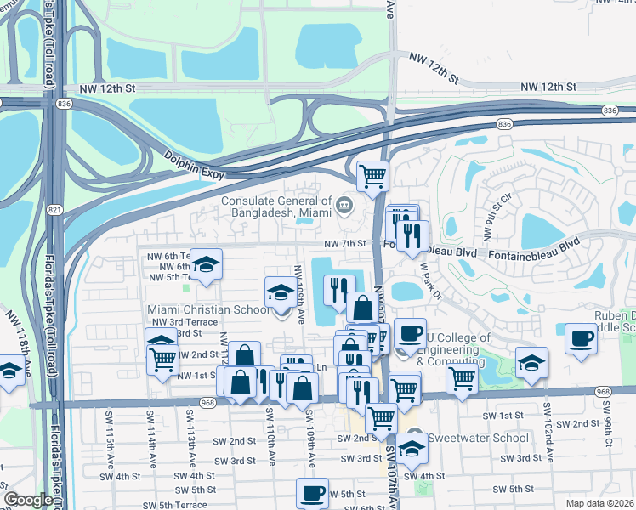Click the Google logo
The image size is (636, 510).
click(27, 501)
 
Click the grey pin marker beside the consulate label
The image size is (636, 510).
click(345, 204)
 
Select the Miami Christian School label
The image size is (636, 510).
click(208, 309)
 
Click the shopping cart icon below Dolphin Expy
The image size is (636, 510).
click(372, 176)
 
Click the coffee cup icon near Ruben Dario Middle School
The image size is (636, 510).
click(582, 337)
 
